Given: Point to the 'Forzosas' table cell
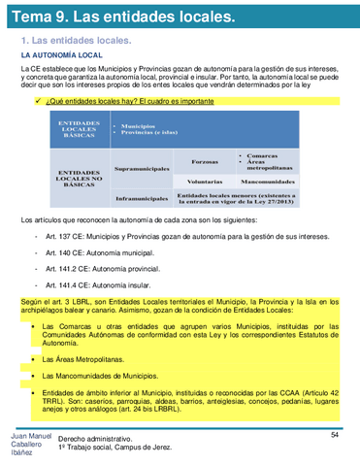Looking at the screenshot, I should coord(205,161).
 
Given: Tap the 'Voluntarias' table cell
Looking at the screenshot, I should coord(205,182).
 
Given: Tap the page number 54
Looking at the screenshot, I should coord(334,434).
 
